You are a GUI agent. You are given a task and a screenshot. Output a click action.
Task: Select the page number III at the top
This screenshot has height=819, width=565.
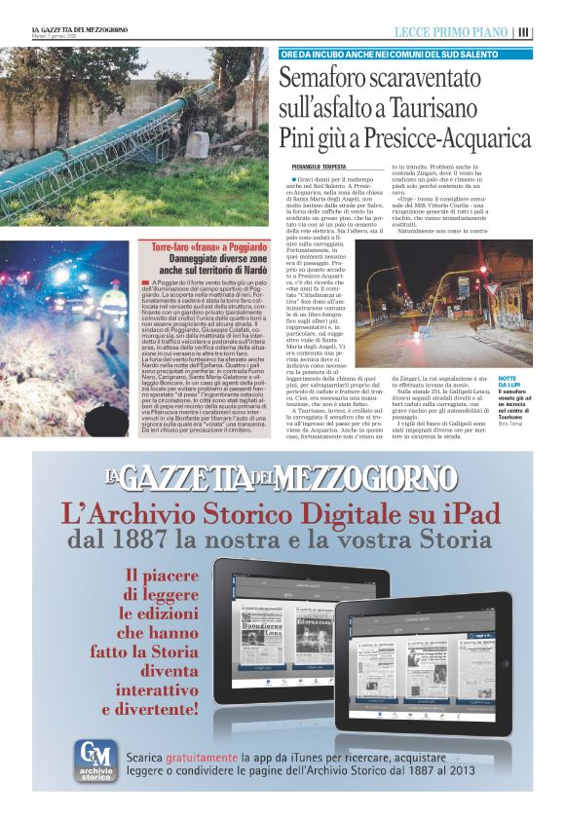tap(525, 32)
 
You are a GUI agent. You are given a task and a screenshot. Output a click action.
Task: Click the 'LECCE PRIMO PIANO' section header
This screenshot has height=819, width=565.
tap(452, 32)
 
